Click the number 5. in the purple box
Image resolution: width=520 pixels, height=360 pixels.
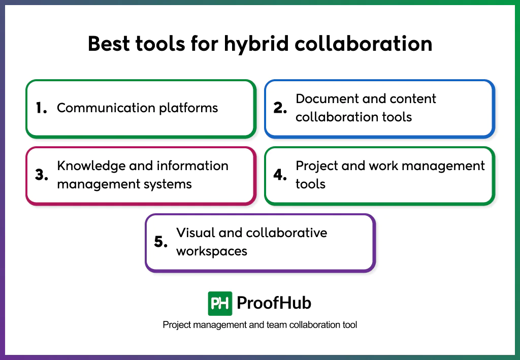pyautogui.click(x=161, y=242)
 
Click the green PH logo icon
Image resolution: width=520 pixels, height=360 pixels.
pyautogui.click(x=220, y=304)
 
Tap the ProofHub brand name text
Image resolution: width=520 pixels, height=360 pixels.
pyautogui.click(x=274, y=304)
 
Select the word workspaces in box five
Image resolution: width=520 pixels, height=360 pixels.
pyautogui.click(x=212, y=251)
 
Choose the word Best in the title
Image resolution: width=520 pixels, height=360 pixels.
pyautogui.click(x=108, y=44)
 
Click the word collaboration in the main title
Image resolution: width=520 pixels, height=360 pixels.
pyautogui.click(x=364, y=44)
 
